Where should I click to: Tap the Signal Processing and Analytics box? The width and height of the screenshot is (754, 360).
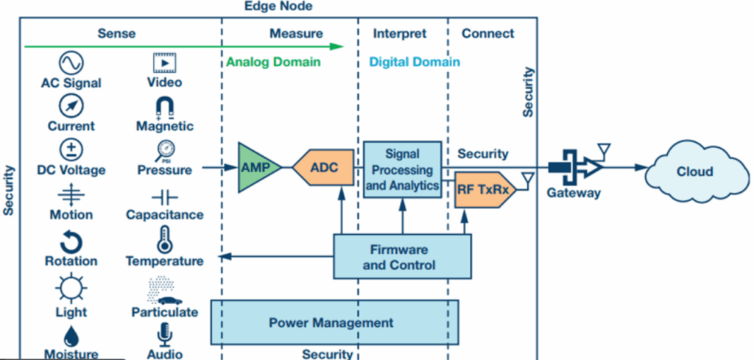point(403,170)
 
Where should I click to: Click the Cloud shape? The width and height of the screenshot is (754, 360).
point(694,172)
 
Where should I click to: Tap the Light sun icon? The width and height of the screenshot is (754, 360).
point(71,287)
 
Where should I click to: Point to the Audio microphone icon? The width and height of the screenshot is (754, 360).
point(164,335)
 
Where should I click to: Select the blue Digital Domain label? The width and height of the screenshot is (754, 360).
point(415,63)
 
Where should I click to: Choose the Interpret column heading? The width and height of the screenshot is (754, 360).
point(400,34)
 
